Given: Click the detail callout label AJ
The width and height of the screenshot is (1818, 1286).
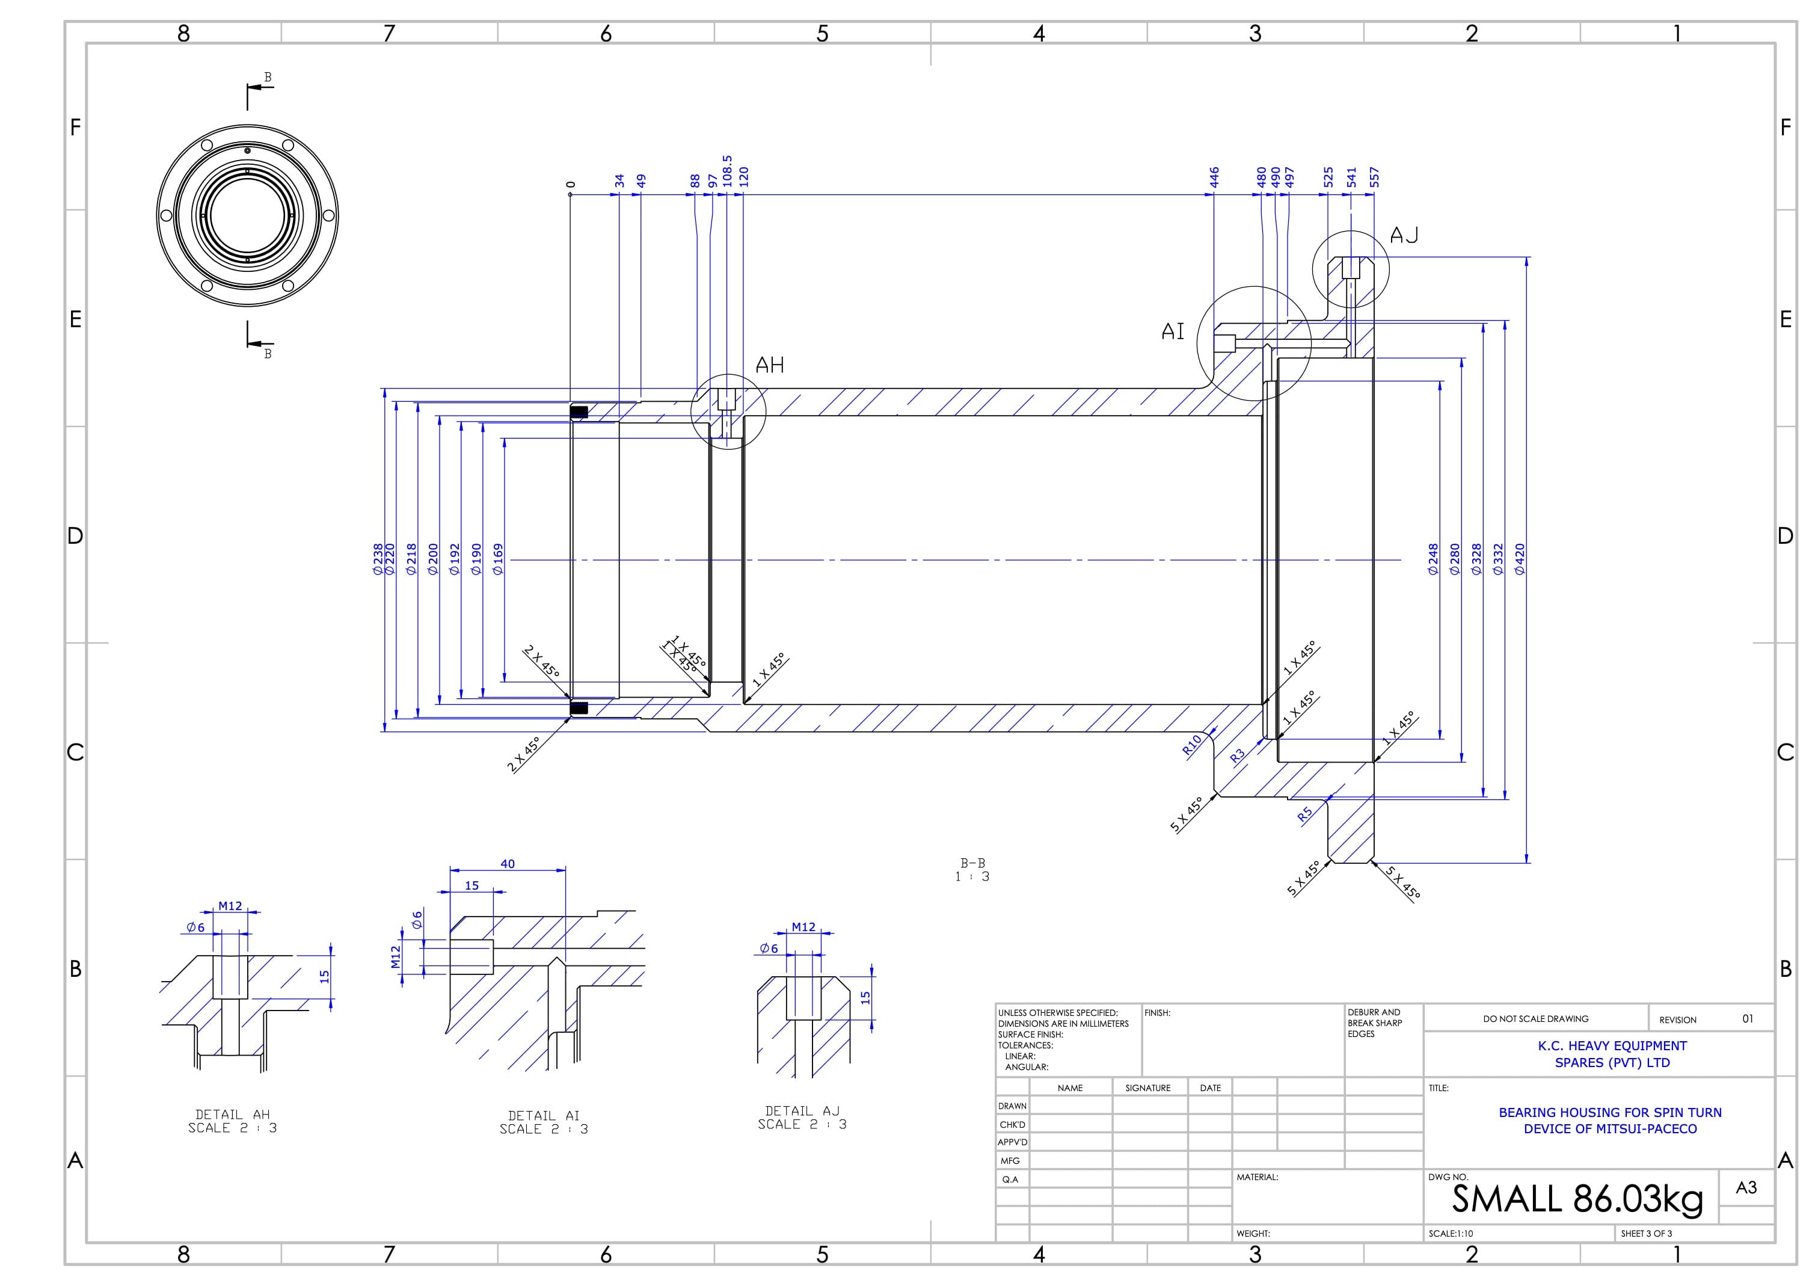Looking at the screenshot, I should (1404, 235).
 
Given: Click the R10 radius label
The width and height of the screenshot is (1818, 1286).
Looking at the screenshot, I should (1192, 745).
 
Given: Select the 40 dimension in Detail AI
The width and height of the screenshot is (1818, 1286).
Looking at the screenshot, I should (508, 864).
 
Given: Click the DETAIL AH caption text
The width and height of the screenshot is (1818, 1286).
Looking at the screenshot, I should (233, 1121).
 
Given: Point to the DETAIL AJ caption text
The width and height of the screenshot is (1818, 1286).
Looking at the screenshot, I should (802, 1118).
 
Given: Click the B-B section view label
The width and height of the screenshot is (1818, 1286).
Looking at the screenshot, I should (972, 863).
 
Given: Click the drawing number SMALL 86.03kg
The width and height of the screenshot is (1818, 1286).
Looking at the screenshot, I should (1576, 1199).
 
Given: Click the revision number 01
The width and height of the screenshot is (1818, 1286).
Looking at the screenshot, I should (1748, 1019).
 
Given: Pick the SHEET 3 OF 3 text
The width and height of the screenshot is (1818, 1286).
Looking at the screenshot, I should (1646, 1234).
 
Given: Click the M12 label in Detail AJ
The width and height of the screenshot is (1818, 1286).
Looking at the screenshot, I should (803, 928).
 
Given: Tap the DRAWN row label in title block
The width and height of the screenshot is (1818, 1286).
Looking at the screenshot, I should (1012, 1106).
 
